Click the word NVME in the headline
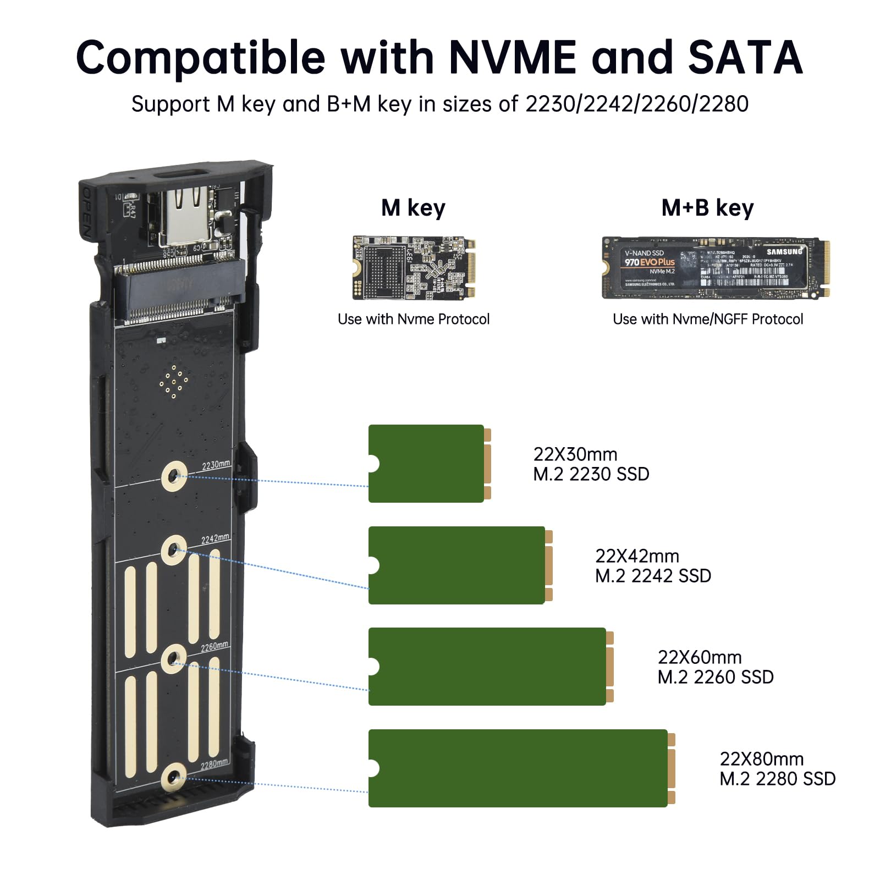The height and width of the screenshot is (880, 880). (513, 58)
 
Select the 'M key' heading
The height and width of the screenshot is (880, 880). (413, 208)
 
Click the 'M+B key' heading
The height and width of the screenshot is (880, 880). (707, 208)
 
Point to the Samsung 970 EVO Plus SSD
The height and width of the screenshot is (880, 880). (715, 268)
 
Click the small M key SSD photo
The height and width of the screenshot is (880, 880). (414, 268)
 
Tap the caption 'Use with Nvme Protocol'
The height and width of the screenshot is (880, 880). (414, 319)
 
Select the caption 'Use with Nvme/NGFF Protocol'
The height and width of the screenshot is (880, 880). (708, 319)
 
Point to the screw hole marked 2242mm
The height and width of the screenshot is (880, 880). (174, 549)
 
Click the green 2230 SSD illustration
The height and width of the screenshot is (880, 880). (427, 464)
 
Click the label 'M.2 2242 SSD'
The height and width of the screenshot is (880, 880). (653, 576)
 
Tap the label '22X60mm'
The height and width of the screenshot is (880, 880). (699, 657)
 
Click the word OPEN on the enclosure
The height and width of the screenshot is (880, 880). (86, 215)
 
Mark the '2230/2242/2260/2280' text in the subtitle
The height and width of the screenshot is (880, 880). (637, 105)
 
